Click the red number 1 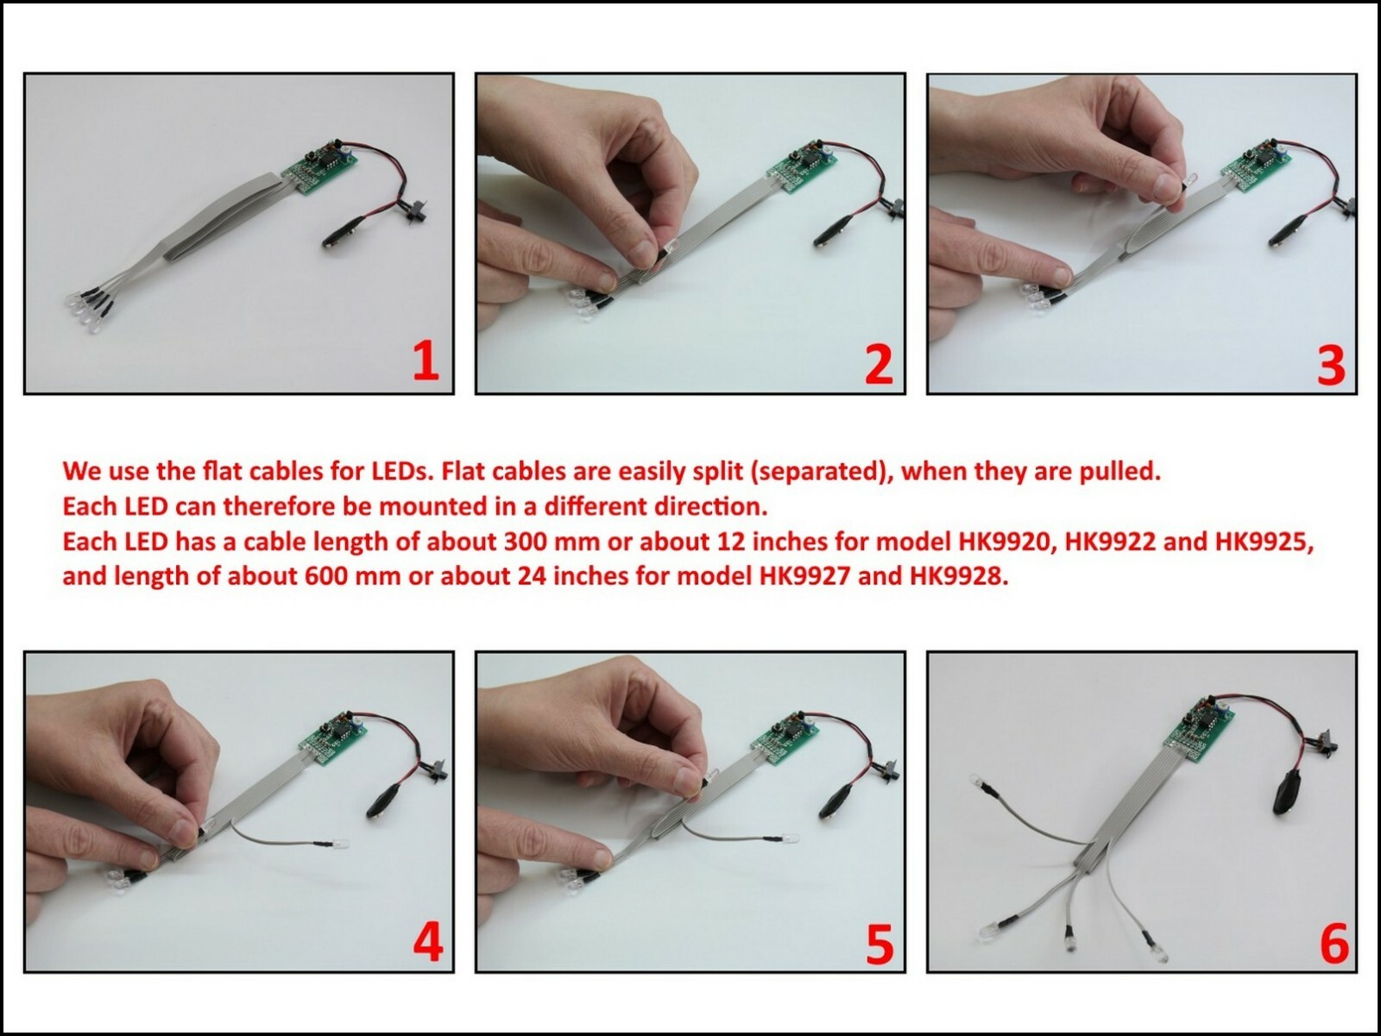(x=426, y=362)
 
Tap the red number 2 (x=879, y=364)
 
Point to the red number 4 (x=428, y=942)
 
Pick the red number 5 (x=880, y=944)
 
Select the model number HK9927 (x=804, y=576)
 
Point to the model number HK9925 (x=1264, y=541)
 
